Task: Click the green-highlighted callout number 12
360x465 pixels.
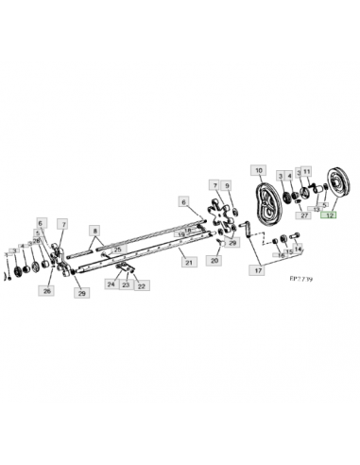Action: point(330,215)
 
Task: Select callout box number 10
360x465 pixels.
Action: point(258,170)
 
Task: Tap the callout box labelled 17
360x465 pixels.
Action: point(258,269)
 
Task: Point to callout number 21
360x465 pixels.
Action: point(189,262)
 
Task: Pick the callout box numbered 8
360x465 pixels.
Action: point(94,230)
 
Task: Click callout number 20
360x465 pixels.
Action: point(214,259)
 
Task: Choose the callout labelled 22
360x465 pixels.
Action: point(142,284)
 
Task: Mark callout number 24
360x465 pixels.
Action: point(111,284)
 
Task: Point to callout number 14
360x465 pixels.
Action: point(299,250)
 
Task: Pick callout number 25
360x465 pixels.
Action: point(116,249)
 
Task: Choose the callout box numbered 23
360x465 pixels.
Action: point(126,284)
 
